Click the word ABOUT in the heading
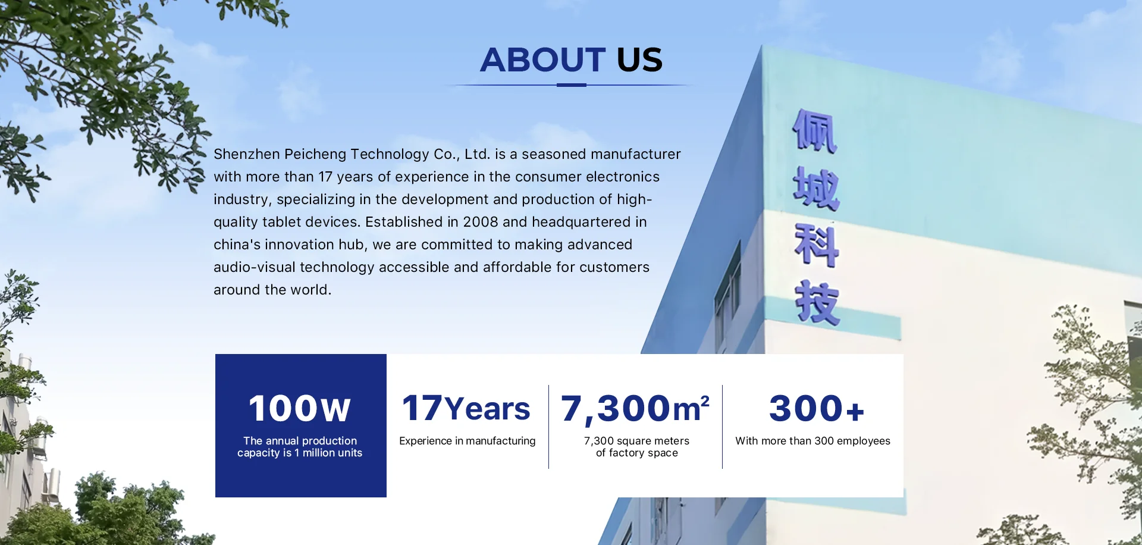pyautogui.click(x=542, y=59)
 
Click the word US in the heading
pyautogui.click(x=639, y=59)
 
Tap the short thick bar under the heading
pyautogui.click(x=572, y=85)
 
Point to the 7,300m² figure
pyautogui.click(x=635, y=409)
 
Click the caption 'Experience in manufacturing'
pyautogui.click(x=468, y=441)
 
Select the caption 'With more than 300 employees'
pyautogui.click(x=812, y=441)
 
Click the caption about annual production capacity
pyautogui.click(x=300, y=447)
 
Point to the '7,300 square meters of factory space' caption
pyautogui.click(x=636, y=447)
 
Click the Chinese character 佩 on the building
pyautogui.click(x=815, y=131)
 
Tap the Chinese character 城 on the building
pyautogui.click(x=816, y=189)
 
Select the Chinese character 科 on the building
pyautogui.click(x=817, y=245)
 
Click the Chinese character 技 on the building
pyautogui.click(x=818, y=303)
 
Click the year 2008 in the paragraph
pyautogui.click(x=481, y=222)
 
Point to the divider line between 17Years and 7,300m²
pyautogui.click(x=548, y=427)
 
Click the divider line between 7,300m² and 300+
pyautogui.click(x=722, y=427)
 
